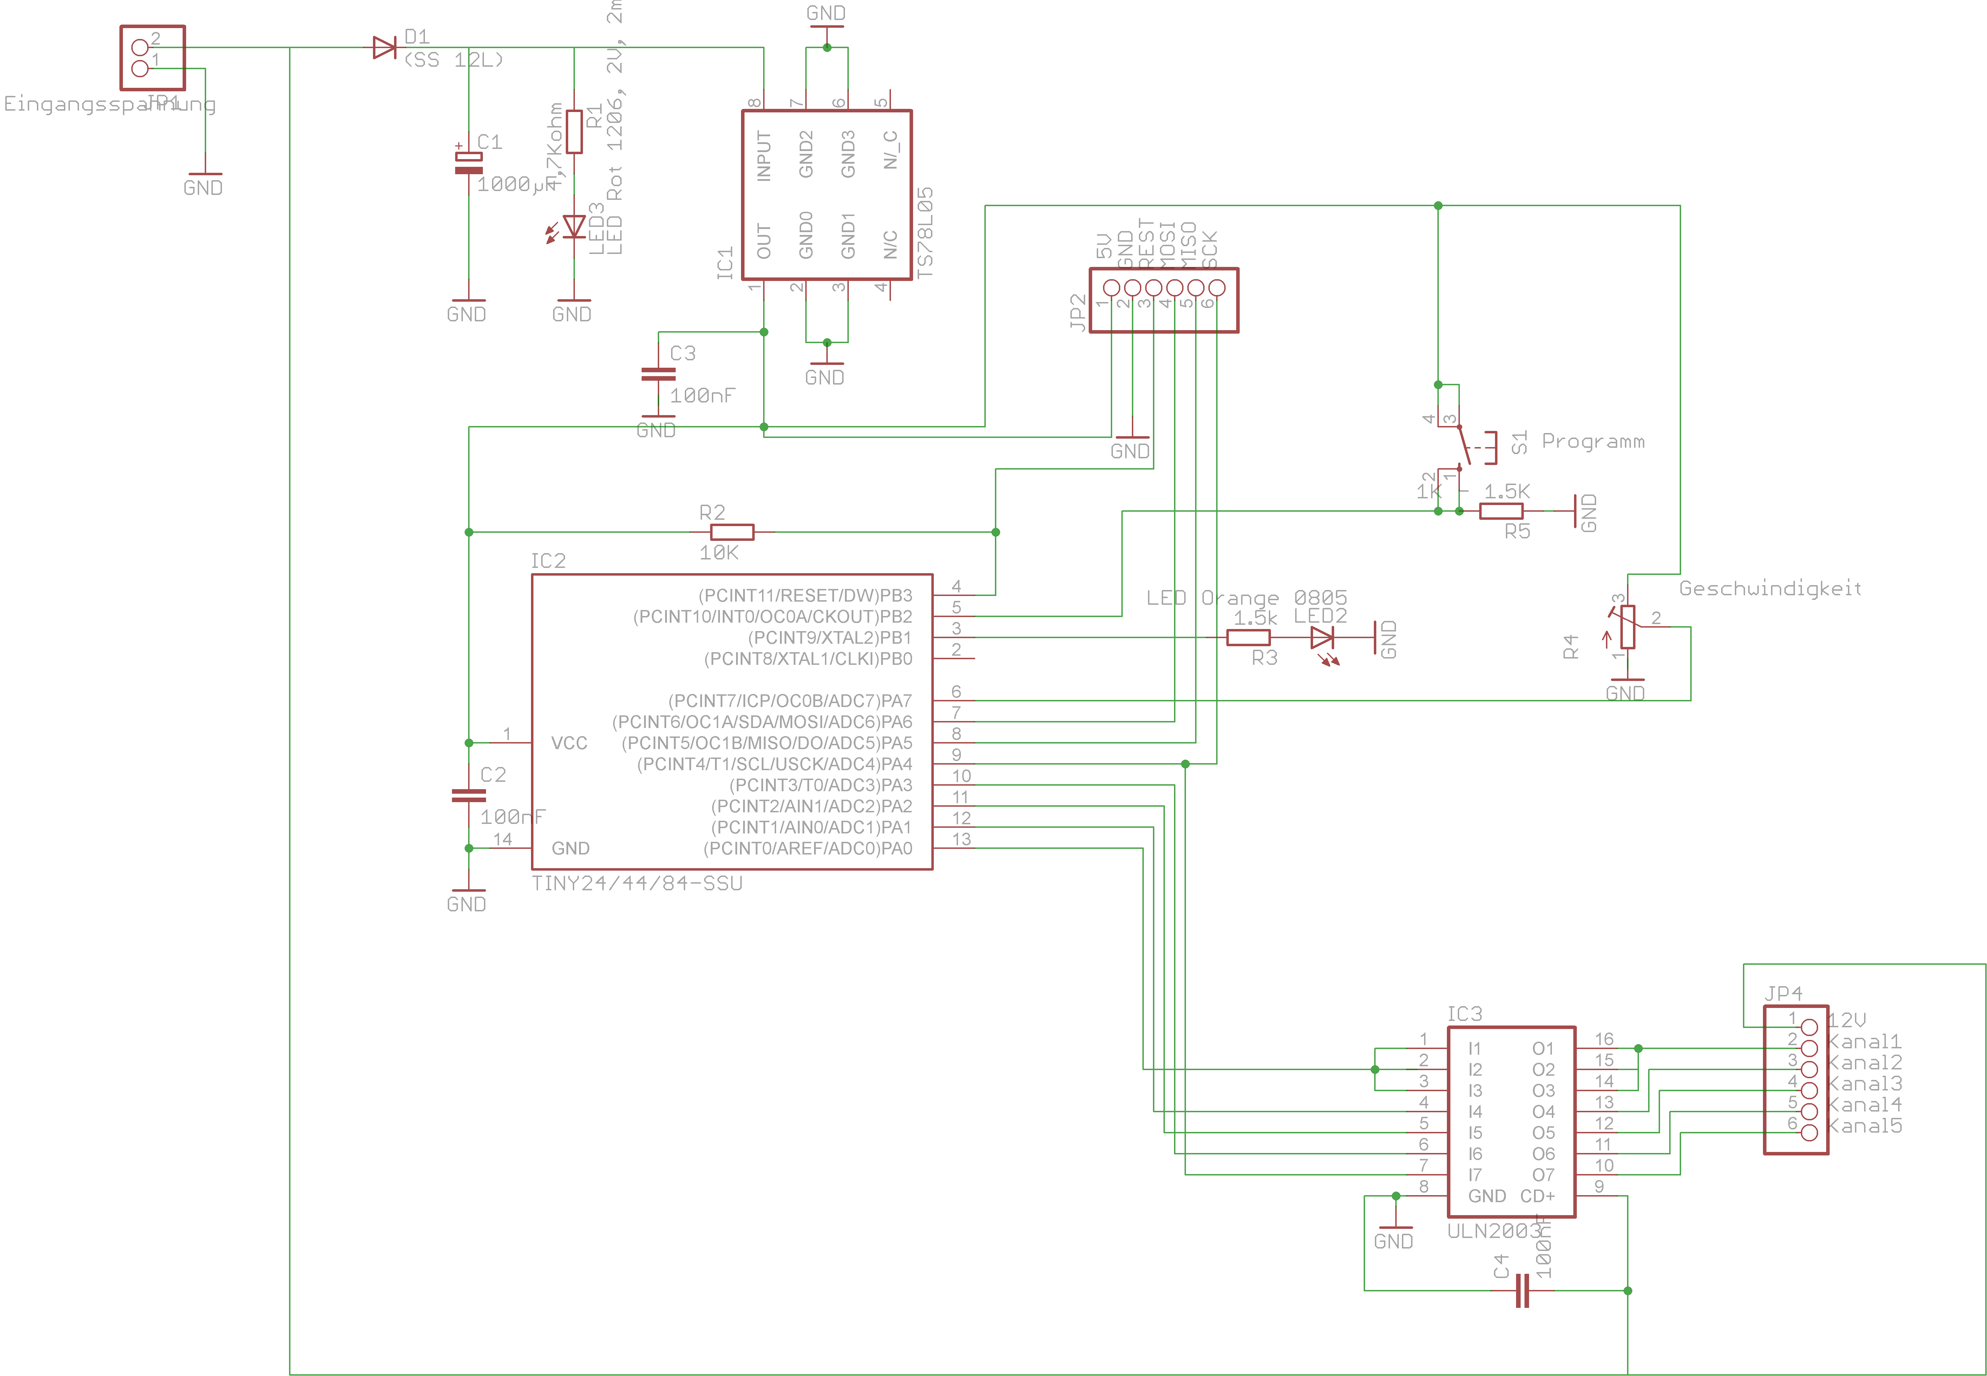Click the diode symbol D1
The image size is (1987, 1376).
point(385,47)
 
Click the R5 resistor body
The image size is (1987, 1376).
point(1501,511)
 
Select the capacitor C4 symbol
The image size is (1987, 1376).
point(1522,1291)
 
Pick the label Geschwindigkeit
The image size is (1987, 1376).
point(1770,589)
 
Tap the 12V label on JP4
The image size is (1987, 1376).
point(1847,1020)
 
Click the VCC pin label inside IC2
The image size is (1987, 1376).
point(569,743)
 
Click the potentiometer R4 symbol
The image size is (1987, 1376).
point(1627,627)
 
